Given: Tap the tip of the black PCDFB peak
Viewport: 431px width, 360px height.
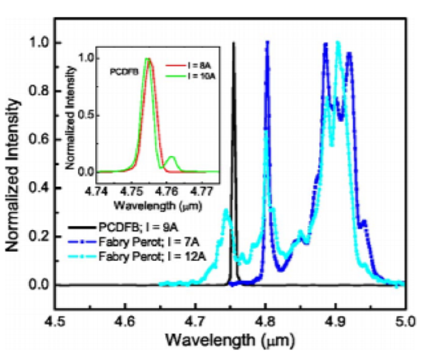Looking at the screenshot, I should click(233, 43).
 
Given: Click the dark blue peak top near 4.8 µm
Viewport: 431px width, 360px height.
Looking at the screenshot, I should click(267, 43).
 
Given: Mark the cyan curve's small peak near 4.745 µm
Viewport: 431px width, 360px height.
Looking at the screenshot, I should click(226, 211).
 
